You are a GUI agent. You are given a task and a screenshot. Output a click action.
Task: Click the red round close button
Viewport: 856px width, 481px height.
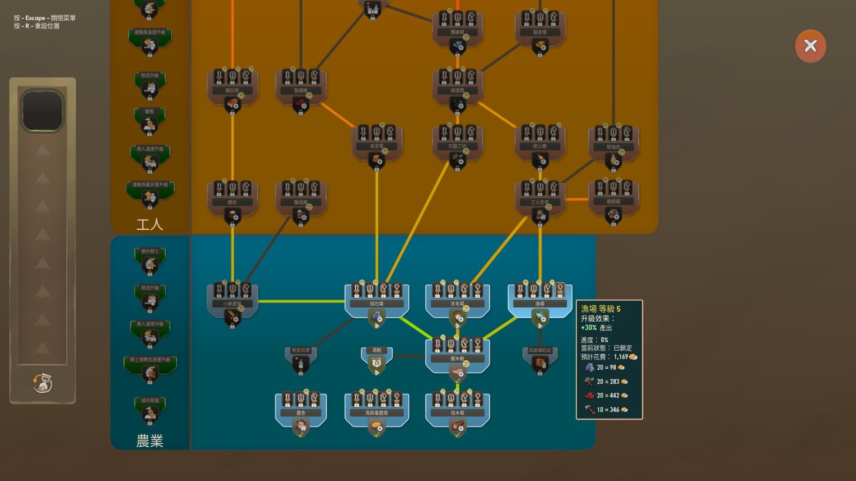tap(810, 46)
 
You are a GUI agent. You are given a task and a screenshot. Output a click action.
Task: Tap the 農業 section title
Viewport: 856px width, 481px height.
tap(150, 441)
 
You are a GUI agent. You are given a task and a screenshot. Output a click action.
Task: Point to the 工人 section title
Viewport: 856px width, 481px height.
tap(150, 224)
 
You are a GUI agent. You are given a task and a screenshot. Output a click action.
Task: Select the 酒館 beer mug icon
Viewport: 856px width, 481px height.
tap(377, 363)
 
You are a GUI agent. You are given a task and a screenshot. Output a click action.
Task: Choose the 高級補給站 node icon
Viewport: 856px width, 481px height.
tap(540, 363)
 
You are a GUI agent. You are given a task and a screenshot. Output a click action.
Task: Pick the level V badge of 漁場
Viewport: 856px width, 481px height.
tap(560, 290)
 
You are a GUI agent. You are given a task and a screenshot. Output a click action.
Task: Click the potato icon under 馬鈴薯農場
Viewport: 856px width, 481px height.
tap(377, 426)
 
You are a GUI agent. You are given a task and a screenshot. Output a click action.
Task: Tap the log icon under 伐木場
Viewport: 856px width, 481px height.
tap(457, 426)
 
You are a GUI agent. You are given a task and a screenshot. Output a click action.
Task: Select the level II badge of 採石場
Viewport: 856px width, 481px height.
tap(370, 290)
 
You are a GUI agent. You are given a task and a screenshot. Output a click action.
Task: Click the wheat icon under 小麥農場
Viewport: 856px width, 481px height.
tap(232, 317)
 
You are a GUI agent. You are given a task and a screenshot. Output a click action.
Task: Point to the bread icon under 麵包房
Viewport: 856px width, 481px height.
tap(232, 104)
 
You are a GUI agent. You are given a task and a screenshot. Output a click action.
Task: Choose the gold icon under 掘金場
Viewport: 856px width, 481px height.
tap(540, 46)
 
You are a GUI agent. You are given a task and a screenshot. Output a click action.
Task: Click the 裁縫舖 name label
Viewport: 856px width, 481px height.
tap(613, 201)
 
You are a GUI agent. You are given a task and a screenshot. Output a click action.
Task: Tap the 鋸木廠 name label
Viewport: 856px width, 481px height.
tap(457, 359)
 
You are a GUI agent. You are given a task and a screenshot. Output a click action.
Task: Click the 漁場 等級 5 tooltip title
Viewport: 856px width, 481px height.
tap(601, 309)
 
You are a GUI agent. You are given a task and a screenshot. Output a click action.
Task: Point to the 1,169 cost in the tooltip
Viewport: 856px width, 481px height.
tap(621, 356)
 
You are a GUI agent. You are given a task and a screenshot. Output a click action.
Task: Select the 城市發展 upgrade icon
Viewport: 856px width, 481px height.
tap(150, 413)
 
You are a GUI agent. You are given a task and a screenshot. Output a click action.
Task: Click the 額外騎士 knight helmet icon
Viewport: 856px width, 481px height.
tap(150, 265)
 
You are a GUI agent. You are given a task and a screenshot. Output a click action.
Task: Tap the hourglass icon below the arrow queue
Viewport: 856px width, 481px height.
tap(42, 383)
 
